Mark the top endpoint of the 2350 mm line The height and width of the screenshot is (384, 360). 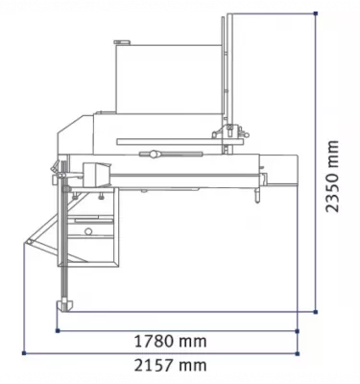tap(316, 12)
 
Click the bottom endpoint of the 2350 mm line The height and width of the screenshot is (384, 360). tap(316, 312)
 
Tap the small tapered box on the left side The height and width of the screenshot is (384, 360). tap(97, 176)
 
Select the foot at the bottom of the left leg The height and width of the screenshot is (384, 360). tap(68, 304)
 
